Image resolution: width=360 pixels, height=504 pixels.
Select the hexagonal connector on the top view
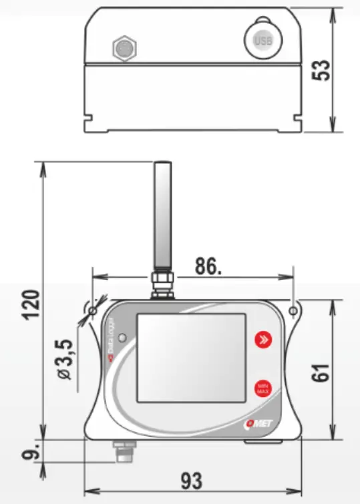(x=124, y=47)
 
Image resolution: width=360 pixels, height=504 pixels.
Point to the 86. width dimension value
(x=207, y=266)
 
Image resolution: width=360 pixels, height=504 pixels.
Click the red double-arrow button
(x=264, y=340)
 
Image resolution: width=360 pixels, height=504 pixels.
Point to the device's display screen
(x=192, y=358)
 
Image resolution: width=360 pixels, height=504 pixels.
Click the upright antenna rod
(x=162, y=214)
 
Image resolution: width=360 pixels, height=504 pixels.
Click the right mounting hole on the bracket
(x=295, y=311)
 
